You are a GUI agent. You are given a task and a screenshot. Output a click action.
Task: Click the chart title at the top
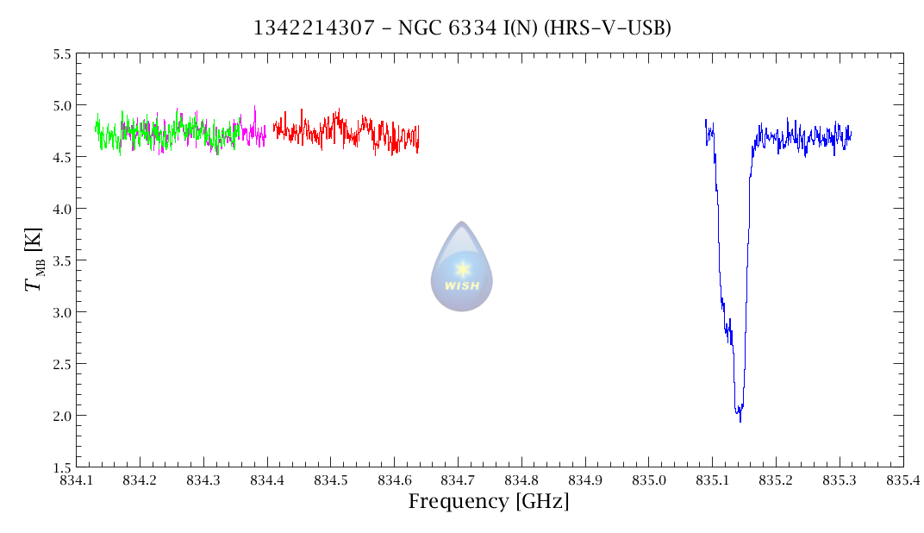462,28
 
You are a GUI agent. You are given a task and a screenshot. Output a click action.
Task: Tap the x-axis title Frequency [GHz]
489,501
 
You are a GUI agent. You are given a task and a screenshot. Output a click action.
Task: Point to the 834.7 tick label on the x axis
458,480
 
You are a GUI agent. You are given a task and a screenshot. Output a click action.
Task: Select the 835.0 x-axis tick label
648,480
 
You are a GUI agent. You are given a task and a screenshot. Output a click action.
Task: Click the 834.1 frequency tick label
76,480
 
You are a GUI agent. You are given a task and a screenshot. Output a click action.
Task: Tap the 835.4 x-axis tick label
902,480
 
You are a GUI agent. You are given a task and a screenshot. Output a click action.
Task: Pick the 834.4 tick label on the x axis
267,480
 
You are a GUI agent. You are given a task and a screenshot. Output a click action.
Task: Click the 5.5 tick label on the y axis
61,54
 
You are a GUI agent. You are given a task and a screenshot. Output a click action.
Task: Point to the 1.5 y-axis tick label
61,467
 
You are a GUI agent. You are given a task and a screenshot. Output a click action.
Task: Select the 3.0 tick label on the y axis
61,312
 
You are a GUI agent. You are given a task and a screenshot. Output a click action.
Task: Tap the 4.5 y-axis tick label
61,157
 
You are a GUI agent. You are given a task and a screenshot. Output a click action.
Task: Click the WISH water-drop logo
462,267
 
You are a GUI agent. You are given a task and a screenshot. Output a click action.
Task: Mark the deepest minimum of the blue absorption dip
740,420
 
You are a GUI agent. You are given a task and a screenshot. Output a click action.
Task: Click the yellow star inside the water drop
462,268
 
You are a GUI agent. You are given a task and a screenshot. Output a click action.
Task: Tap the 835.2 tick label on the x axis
776,480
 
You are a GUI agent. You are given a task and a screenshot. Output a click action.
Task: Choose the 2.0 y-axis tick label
61,416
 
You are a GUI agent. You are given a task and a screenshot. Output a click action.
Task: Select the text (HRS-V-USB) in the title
616,28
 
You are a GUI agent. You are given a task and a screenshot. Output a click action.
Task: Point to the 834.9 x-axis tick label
585,480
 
